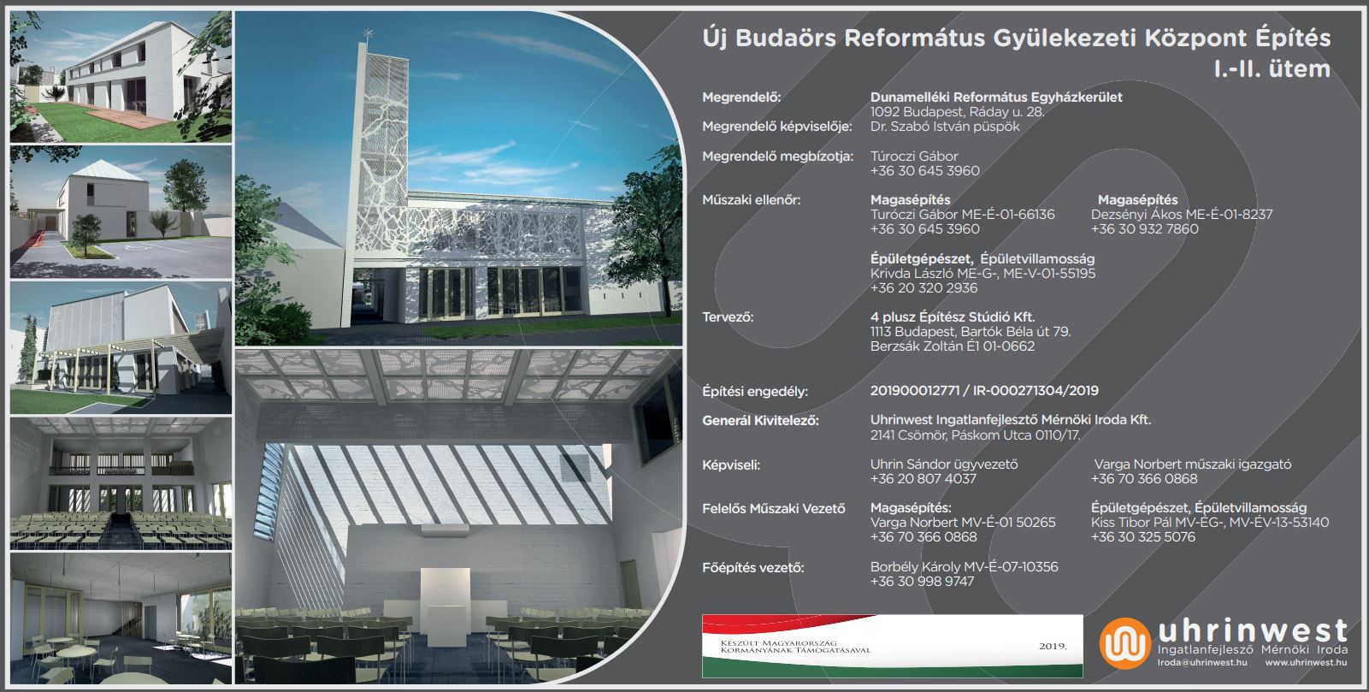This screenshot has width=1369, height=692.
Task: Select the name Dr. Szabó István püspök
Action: click(945, 127)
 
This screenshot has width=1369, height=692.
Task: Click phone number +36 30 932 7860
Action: click(1145, 229)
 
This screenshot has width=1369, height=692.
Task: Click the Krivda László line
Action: click(982, 273)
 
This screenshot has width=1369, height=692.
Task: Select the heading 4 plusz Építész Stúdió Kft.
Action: click(953, 316)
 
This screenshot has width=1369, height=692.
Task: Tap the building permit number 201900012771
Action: click(915, 391)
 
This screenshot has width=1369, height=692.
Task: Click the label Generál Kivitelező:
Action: click(760, 421)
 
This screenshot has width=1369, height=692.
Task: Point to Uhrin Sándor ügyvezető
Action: click(944, 464)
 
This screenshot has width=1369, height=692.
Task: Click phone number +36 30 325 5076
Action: click(1143, 536)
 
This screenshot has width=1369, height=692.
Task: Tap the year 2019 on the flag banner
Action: click(1053, 646)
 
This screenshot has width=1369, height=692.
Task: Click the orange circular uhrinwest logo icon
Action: click(1124, 643)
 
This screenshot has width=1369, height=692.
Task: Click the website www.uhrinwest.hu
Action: click(1306, 663)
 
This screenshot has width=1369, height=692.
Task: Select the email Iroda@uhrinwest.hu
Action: click(1202, 663)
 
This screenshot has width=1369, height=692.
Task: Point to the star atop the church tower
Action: click(368, 33)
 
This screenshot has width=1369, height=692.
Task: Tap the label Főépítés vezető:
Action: click(753, 568)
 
